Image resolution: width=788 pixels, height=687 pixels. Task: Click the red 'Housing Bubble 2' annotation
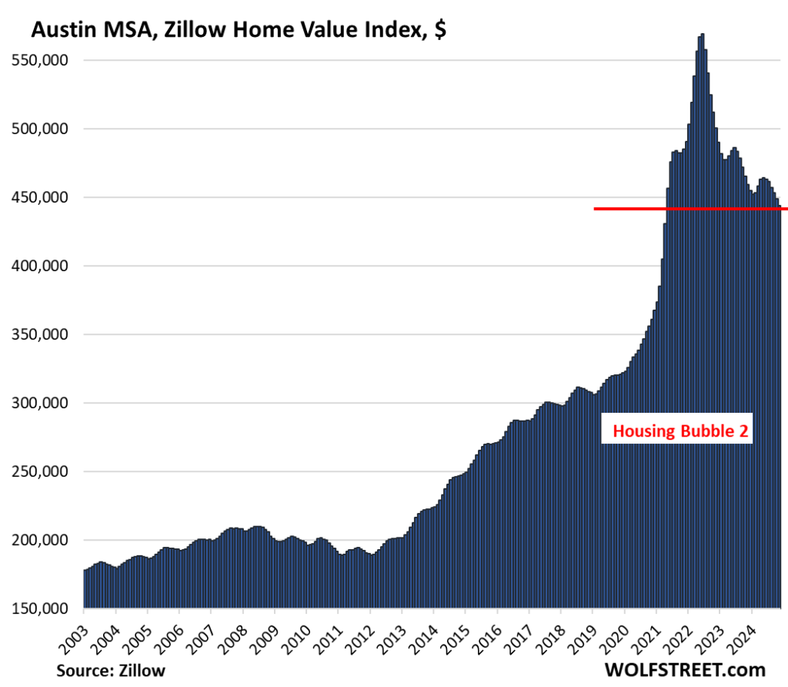(679, 432)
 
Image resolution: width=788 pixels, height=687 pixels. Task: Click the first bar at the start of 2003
(85, 589)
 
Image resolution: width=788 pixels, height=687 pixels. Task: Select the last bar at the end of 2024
(780, 408)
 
